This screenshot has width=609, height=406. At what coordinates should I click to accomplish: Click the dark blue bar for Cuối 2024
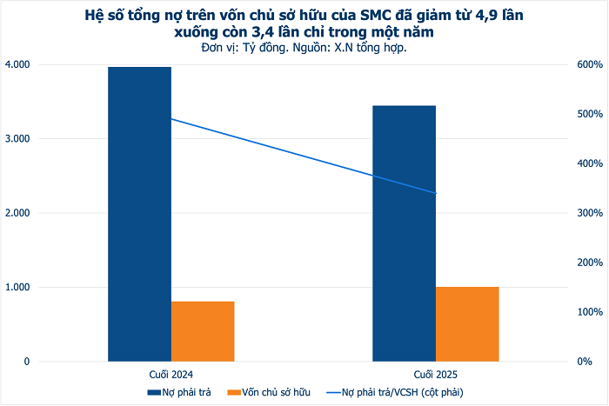[139, 213]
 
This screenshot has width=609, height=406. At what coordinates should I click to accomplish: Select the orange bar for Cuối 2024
[203, 330]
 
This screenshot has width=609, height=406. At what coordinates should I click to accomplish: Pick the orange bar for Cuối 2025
[467, 323]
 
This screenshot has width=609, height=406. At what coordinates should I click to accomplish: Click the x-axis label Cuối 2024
[171, 373]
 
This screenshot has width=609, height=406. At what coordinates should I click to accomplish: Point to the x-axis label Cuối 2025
[436, 373]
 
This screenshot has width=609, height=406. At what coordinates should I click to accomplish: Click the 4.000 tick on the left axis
[17, 64]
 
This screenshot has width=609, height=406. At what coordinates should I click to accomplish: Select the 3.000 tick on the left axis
[17, 139]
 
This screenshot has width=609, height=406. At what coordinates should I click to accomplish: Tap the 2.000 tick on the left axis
[17, 213]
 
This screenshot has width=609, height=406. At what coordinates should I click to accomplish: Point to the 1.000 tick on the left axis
[17, 287]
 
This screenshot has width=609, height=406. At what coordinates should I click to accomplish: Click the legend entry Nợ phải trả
[185, 392]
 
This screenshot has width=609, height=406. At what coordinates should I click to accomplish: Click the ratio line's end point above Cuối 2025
[435, 193]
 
